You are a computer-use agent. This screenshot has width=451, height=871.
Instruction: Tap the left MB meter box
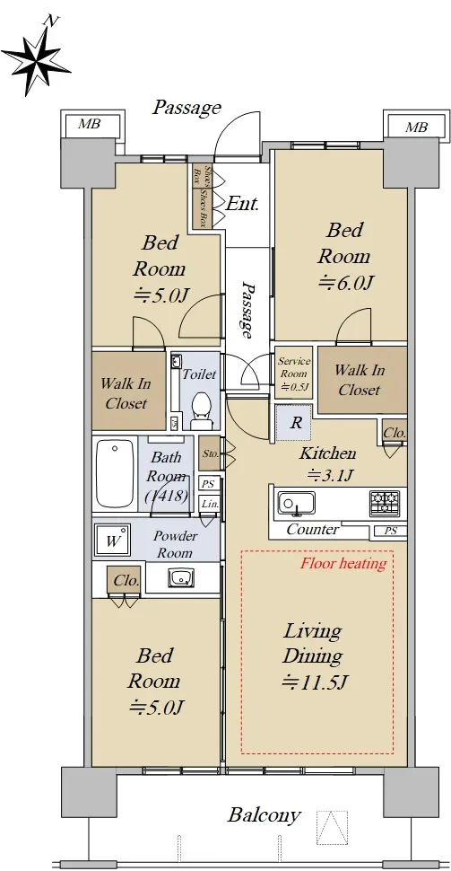(x=92, y=125)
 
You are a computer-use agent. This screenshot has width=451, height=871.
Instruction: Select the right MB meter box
(x=416, y=126)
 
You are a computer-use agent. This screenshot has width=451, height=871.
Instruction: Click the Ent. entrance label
(x=242, y=204)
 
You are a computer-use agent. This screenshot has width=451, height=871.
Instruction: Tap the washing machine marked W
(x=113, y=540)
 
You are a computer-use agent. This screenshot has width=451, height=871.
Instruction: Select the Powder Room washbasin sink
(x=180, y=577)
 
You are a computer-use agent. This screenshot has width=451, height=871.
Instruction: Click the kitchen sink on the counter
(x=296, y=503)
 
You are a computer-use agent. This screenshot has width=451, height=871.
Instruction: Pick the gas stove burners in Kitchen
(x=384, y=503)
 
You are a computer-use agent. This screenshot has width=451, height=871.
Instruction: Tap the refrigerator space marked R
(x=294, y=423)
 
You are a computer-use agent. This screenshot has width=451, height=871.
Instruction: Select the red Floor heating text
(x=343, y=563)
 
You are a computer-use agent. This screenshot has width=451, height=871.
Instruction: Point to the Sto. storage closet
(x=210, y=453)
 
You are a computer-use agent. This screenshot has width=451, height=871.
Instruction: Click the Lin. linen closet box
(x=209, y=505)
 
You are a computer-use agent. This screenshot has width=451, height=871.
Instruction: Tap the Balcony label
(x=264, y=815)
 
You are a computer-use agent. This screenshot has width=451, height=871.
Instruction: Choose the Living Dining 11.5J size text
(x=315, y=682)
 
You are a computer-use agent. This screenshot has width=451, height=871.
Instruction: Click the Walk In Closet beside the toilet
(x=129, y=392)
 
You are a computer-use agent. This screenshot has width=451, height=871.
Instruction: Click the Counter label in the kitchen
(x=312, y=530)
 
